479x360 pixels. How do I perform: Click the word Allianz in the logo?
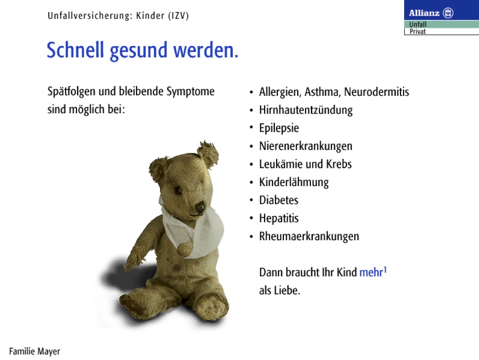tap(424, 13)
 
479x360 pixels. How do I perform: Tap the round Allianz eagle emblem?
tap(448, 13)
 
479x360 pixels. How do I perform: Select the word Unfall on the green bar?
tap(418, 24)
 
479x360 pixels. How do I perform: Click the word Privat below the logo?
tap(418, 32)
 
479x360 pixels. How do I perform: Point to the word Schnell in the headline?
tap(75, 50)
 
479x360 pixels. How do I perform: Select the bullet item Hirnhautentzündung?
tap(306, 110)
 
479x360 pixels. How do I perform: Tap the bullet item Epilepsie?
tap(279, 128)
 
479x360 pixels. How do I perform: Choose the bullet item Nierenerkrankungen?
tap(306, 146)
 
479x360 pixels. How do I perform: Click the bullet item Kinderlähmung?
tap(294, 182)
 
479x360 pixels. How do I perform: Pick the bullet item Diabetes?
tap(279, 200)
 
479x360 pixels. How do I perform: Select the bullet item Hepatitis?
tap(279, 218)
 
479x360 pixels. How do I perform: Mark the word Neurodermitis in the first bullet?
tap(377, 92)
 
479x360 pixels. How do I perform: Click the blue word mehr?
tap(371, 272)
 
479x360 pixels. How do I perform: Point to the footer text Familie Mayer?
tap(35, 351)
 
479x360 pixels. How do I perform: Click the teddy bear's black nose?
tap(200, 207)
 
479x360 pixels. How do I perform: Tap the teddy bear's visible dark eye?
tap(178, 190)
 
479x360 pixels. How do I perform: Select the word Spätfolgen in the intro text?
tap(71, 92)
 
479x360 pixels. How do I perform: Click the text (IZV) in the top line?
tap(179, 16)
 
